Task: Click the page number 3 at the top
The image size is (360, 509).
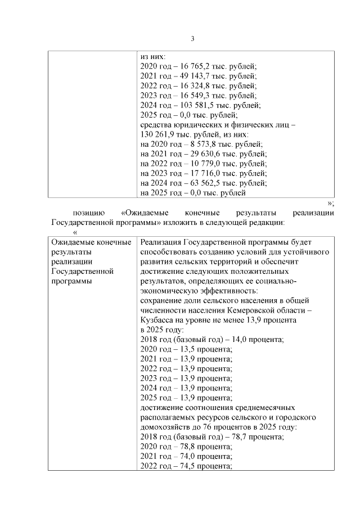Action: (x=192, y=39)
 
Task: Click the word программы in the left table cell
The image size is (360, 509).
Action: (x=71, y=281)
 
